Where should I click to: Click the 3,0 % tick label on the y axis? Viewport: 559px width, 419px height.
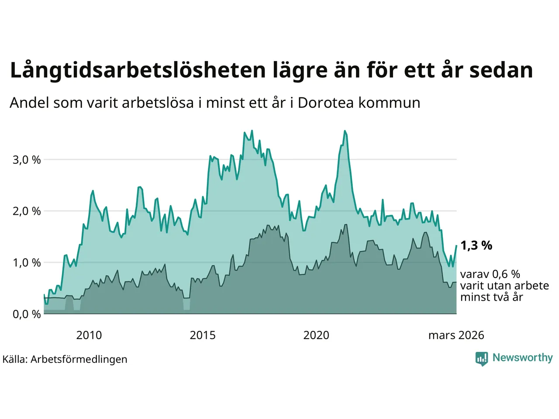click(x=27, y=160)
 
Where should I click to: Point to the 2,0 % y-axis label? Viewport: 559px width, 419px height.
click(x=27, y=211)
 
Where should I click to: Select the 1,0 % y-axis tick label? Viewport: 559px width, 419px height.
click(x=27, y=263)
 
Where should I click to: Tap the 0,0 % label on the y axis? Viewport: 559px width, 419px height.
click(x=27, y=314)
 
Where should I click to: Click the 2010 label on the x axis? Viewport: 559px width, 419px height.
click(x=89, y=335)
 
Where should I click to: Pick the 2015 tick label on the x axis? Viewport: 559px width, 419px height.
click(x=203, y=335)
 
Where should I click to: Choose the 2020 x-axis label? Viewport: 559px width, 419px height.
click(x=316, y=335)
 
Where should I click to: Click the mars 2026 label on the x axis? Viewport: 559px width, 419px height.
click(x=456, y=335)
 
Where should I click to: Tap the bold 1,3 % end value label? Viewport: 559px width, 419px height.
click(x=476, y=246)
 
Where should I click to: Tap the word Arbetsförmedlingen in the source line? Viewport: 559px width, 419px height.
click(x=79, y=359)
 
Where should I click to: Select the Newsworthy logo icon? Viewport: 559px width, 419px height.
click(x=481, y=358)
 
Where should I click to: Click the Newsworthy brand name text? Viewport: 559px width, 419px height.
click(x=522, y=358)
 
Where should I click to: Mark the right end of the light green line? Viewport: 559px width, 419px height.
click(x=456, y=246)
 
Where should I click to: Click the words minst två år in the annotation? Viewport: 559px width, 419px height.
click(x=491, y=297)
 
